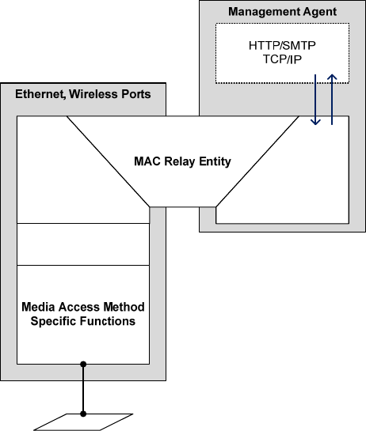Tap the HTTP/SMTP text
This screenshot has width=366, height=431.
[282, 46]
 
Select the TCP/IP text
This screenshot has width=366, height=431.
[282, 59]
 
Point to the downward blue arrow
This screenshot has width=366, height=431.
[315, 100]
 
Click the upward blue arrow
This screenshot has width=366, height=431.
[332, 100]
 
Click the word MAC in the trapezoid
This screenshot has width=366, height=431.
[147, 161]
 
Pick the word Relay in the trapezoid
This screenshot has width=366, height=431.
[180, 162]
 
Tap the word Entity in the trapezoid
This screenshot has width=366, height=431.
[215, 162]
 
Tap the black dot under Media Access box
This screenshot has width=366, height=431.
[83, 365]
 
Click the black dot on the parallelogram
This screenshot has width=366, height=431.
[83, 414]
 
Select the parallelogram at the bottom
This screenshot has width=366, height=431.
[83, 422]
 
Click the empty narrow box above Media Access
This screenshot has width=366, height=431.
[83, 244]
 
